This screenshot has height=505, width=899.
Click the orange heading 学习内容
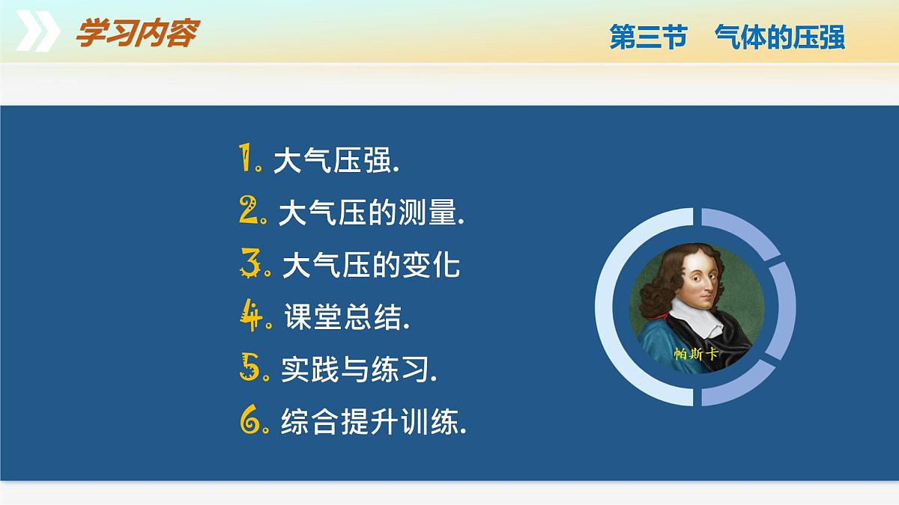pos(138,33)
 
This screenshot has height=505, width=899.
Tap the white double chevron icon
pos(38,31)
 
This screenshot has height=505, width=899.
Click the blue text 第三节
pos(649,37)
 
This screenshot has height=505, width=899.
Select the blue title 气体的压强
pos(780,37)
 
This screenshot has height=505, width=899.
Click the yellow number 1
pos(245,158)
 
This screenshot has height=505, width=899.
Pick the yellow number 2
pos(249,209)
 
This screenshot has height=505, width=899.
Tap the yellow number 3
pos(250,263)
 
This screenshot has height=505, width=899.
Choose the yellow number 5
pos(249,367)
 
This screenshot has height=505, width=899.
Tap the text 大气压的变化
pos(372,265)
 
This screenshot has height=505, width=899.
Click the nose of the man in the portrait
pos(709,285)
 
